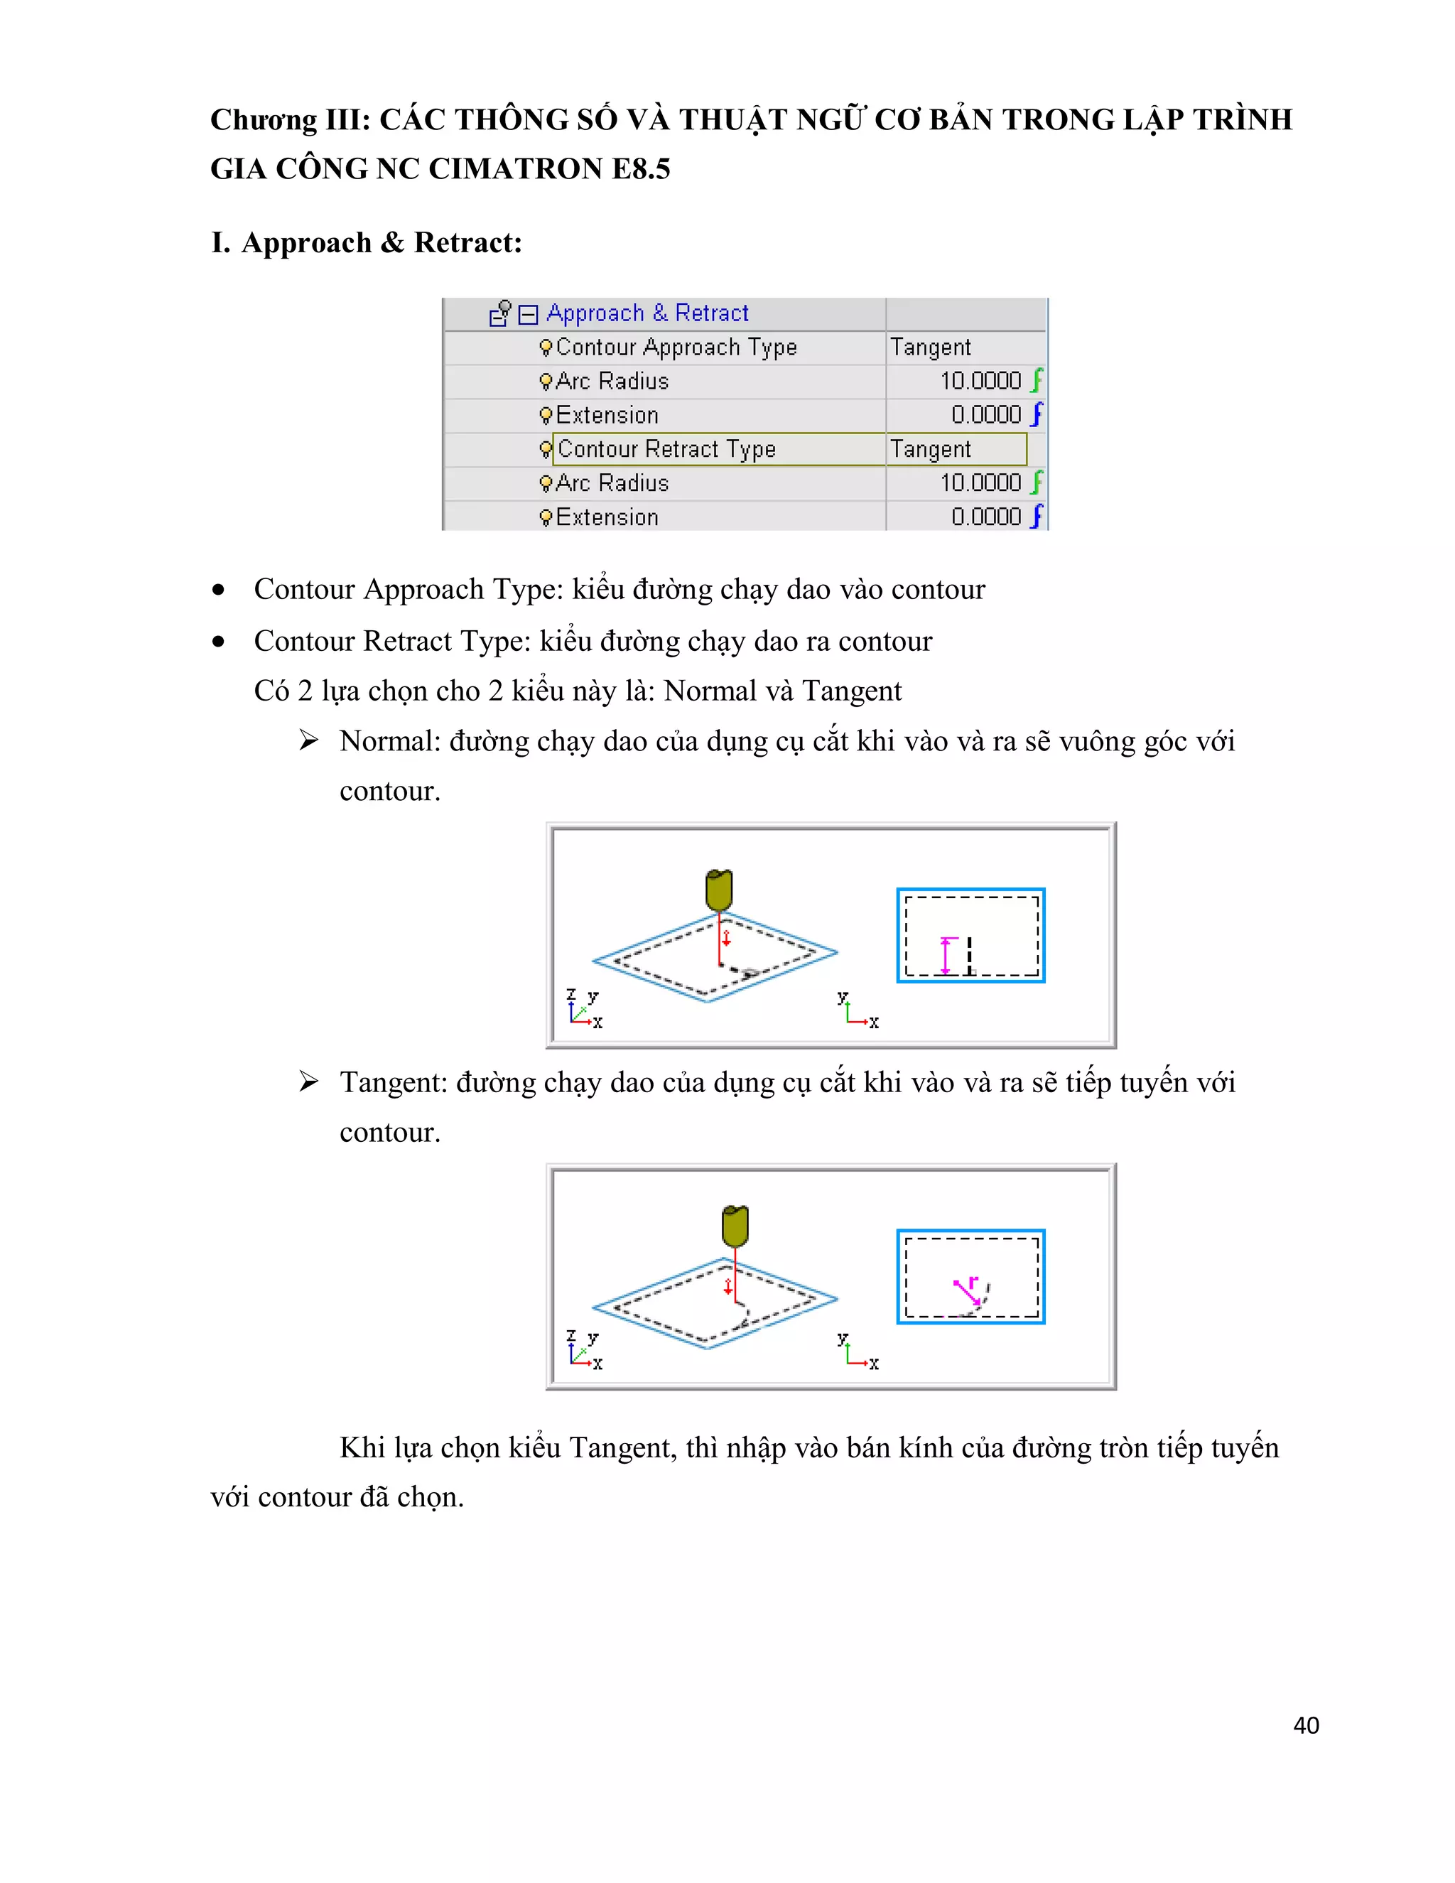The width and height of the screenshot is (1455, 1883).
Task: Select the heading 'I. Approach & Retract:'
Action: click(x=367, y=242)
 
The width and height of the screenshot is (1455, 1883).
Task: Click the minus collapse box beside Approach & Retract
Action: click(x=529, y=314)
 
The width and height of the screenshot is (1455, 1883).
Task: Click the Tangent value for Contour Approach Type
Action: click(x=930, y=347)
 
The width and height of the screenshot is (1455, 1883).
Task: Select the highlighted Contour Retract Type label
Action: click(x=666, y=449)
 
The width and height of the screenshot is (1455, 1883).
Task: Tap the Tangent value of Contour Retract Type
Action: click(x=930, y=449)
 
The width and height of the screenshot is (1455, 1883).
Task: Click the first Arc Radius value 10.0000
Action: click(x=980, y=381)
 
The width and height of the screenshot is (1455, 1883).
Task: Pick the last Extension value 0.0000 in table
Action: click(x=986, y=517)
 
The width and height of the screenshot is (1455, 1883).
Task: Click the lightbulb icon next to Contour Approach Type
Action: click(x=545, y=347)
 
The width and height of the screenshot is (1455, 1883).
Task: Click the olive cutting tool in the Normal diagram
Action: click(x=719, y=890)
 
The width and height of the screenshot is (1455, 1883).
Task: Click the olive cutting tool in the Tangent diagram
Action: click(x=735, y=1225)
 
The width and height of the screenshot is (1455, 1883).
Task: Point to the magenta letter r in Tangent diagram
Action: click(x=973, y=1282)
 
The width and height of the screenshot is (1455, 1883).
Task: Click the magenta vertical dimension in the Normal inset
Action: click(x=946, y=955)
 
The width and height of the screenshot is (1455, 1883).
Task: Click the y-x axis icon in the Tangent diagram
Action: click(x=858, y=1351)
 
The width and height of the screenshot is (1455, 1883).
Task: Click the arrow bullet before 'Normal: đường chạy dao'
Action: click(x=308, y=740)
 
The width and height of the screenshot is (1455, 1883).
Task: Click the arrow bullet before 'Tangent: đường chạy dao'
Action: click(x=308, y=1082)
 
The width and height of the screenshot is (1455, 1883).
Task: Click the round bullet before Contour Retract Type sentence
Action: click(x=219, y=642)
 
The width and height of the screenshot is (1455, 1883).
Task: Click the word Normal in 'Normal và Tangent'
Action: click(x=702, y=691)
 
